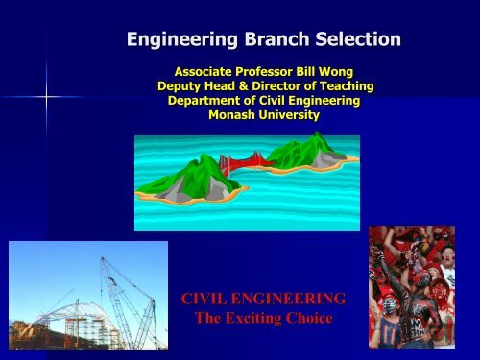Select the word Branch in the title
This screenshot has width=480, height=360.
coord(276,40)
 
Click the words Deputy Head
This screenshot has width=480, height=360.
coord(200,86)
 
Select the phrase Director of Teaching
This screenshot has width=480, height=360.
coord(318,86)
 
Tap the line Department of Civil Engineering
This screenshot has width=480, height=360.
coord(264,101)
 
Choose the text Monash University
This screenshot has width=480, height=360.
coord(264,115)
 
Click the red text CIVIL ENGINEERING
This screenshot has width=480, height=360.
coord(264,301)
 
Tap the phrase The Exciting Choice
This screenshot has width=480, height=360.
coord(264,319)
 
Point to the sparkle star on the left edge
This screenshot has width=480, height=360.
coord(44,95)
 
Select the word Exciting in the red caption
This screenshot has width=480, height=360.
coord(265,319)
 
